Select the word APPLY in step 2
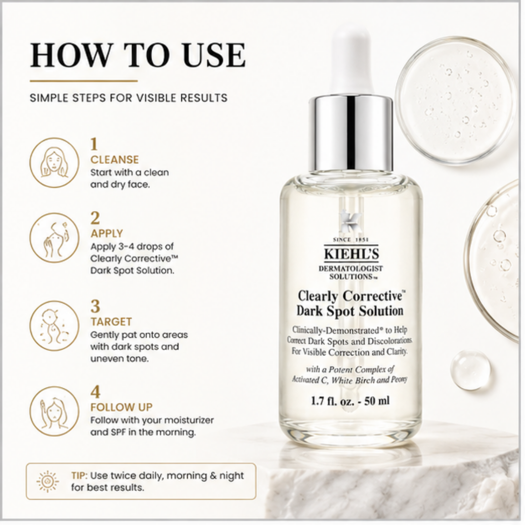point(107,233)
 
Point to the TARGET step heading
point(111,321)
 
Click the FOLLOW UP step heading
point(121,407)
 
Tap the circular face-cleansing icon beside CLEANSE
point(54,162)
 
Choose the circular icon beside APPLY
point(54,238)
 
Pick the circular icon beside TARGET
point(54,325)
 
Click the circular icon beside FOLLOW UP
point(54,411)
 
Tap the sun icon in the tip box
point(48,481)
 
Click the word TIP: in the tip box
point(79,475)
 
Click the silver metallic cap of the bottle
point(351,133)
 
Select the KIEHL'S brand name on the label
point(351,254)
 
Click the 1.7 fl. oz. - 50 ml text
point(350,401)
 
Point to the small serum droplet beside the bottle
point(471,370)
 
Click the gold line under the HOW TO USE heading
point(84,81)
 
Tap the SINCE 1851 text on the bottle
point(351,240)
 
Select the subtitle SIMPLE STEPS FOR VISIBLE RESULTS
point(128,98)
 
